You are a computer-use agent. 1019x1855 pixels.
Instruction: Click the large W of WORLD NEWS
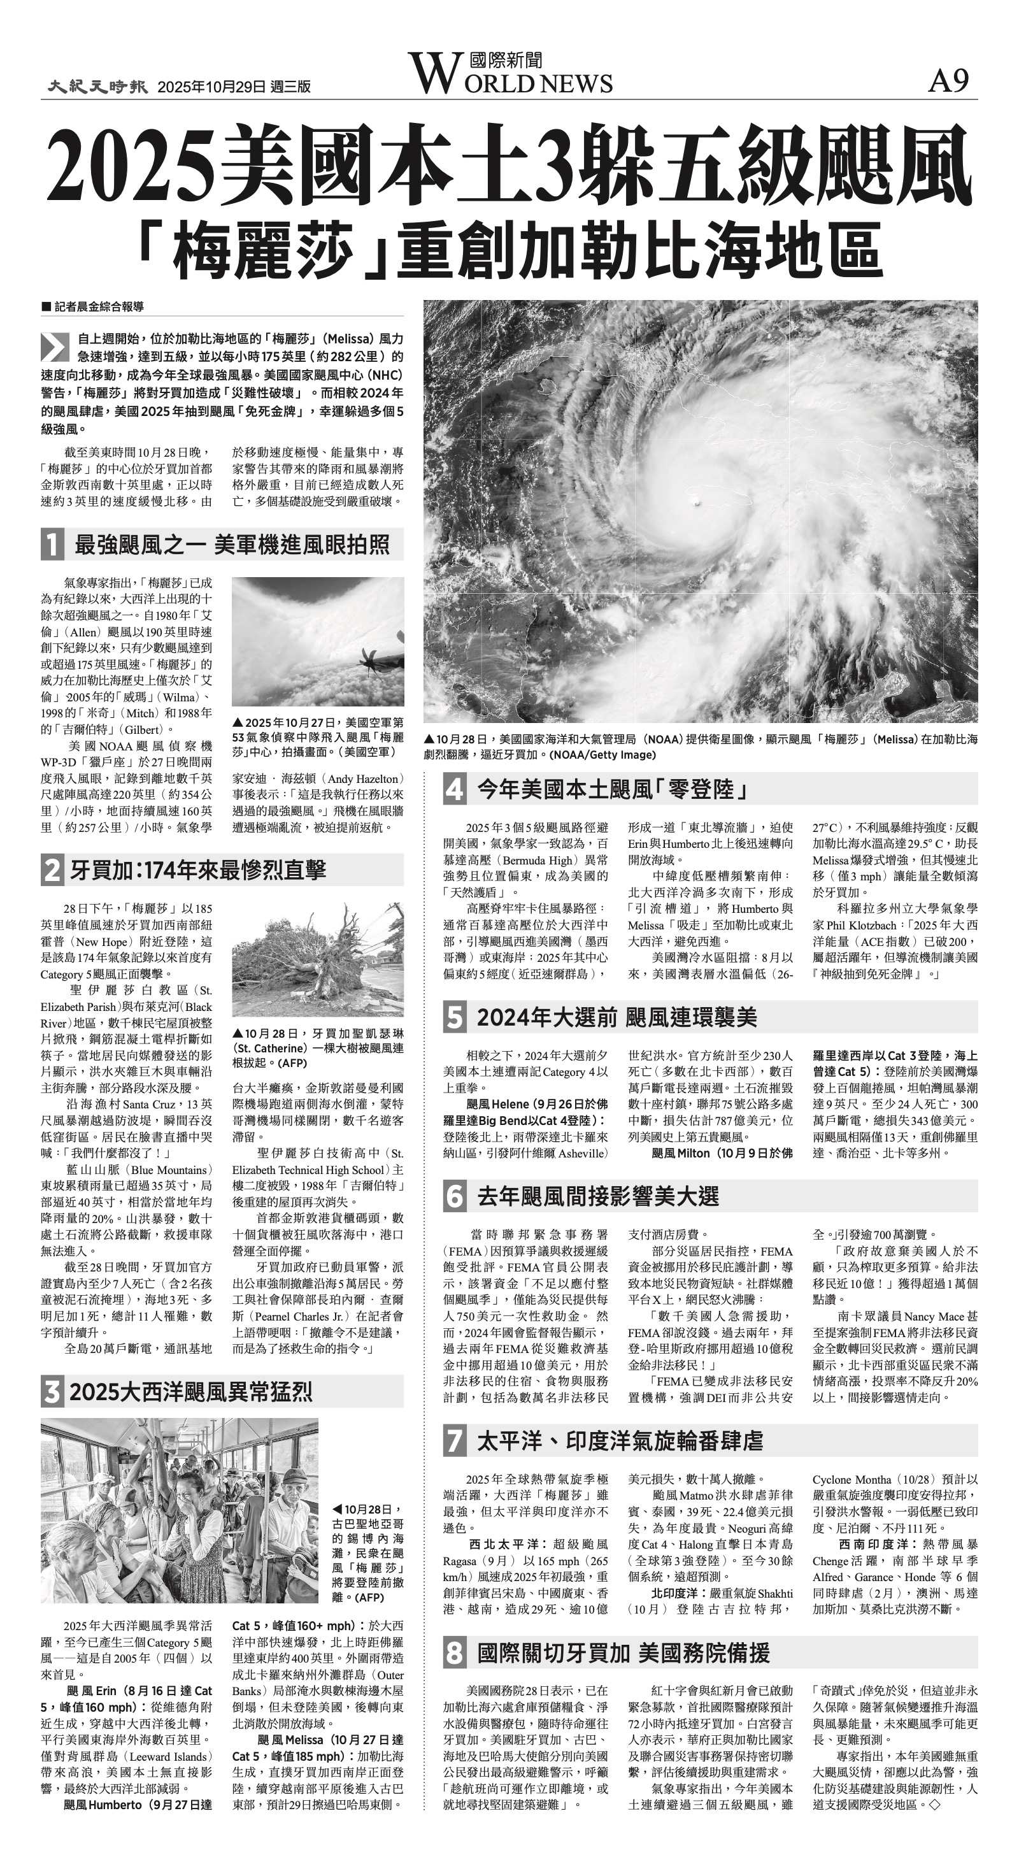434,73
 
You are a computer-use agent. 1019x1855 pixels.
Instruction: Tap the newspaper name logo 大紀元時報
97,87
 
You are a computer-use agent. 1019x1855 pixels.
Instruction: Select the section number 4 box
454,789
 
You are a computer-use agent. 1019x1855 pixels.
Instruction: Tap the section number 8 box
454,1652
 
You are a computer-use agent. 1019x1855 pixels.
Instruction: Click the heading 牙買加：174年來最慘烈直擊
197,870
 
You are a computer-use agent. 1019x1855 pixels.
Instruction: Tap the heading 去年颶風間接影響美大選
598,1196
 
